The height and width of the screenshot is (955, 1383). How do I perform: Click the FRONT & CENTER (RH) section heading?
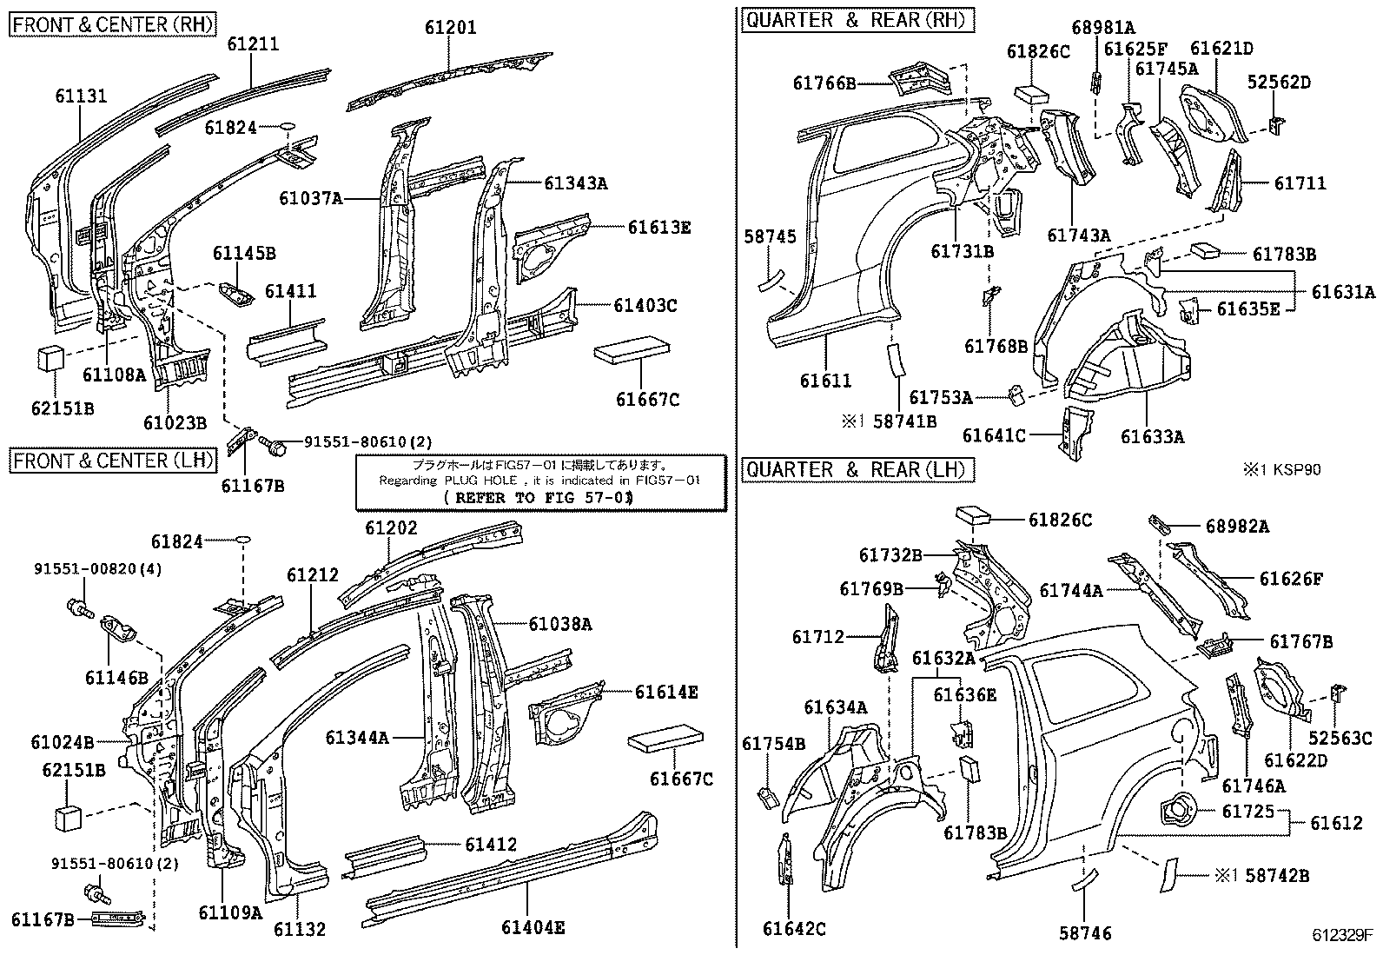[113, 23]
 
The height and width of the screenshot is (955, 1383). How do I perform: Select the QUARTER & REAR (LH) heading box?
[856, 470]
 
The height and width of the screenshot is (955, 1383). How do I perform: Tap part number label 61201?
[450, 28]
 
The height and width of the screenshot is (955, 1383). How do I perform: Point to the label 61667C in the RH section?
[647, 399]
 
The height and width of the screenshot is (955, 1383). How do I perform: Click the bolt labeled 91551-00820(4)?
[77, 608]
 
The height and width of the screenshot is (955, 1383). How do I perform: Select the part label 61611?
[825, 381]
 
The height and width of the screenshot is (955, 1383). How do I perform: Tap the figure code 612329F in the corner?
[1341, 936]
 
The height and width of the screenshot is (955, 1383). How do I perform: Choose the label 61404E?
[533, 928]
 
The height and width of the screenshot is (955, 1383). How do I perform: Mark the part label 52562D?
[1279, 83]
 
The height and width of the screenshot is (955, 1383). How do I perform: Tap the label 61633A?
[1151, 436]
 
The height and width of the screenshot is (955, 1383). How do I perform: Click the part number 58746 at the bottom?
[1085, 933]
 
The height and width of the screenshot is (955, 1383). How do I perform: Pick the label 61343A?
[576, 183]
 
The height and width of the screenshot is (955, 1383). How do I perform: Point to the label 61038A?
[560, 623]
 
